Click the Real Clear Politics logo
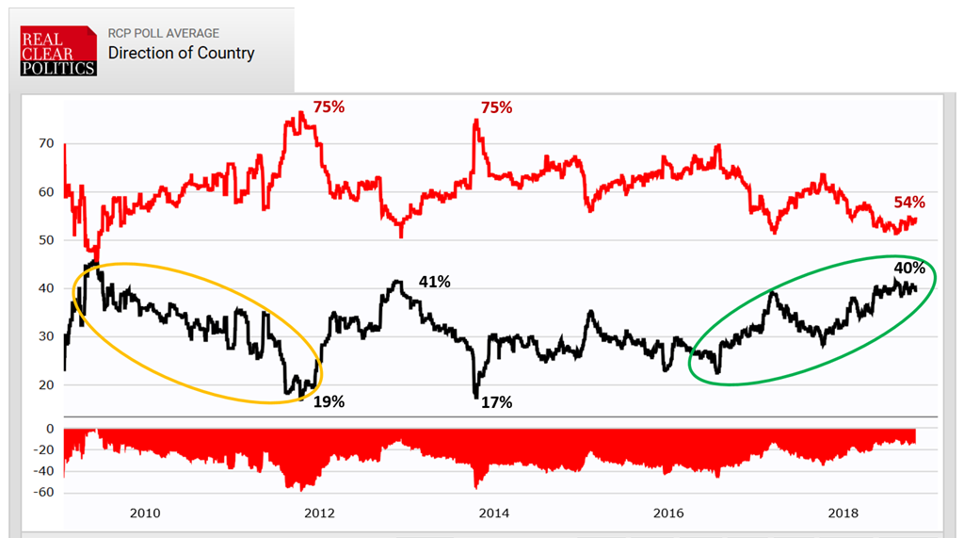[x=58, y=51]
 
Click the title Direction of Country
[x=181, y=53]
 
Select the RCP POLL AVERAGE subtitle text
[x=163, y=33]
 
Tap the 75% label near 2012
[x=329, y=107]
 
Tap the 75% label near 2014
[x=496, y=107]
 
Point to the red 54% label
[x=909, y=203]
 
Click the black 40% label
[x=909, y=268]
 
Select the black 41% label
[x=435, y=281]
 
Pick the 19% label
[x=329, y=402]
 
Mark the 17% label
[x=496, y=402]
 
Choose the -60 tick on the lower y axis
[x=41, y=493]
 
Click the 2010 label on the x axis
[x=145, y=514]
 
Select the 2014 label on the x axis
[x=494, y=514]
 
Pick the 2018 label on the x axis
[x=843, y=514]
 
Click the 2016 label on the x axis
[x=668, y=514]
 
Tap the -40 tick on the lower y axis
[x=41, y=471]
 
